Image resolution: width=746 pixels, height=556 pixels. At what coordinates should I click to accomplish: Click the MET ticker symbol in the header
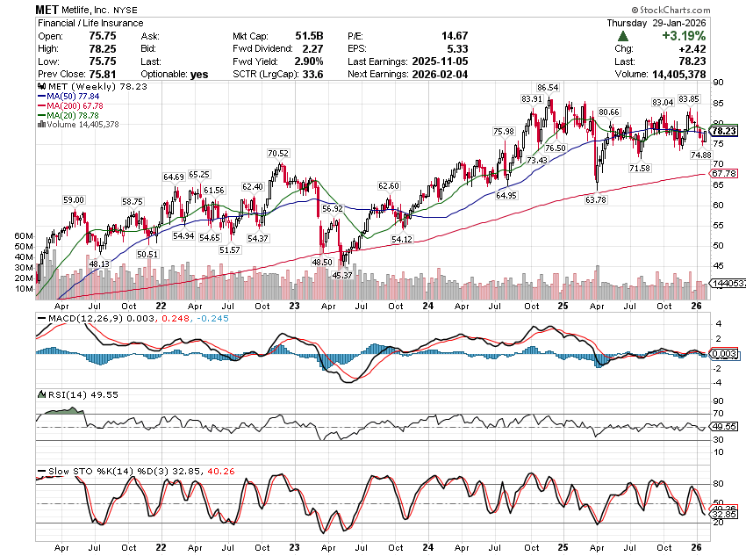point(49,8)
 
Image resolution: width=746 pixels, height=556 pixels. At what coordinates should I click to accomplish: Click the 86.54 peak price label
point(548,88)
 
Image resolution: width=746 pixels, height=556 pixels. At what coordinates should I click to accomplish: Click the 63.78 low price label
point(595,200)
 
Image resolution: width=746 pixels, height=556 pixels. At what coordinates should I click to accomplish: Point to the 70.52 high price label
point(278,154)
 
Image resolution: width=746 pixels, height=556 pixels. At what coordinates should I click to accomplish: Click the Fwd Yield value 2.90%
point(308,61)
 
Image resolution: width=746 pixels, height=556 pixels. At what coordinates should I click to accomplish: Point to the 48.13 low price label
point(99,264)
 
